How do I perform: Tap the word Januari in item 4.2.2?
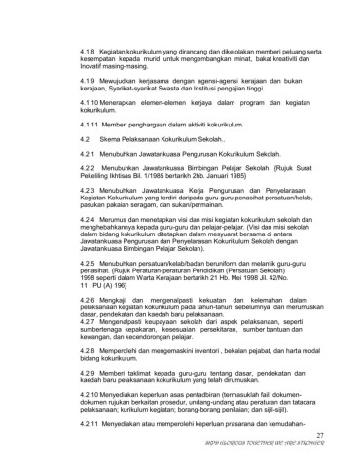(x=205, y=185)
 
